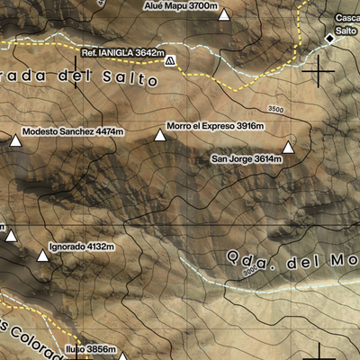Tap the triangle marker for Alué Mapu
pos(224,15)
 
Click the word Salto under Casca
pos(346,31)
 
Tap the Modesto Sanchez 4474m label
pos(72,130)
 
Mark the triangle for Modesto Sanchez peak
pos(15,139)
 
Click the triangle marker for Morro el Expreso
pos(160,136)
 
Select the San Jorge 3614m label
pos(247,158)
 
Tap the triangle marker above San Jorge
pos(288,148)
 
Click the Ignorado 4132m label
pos(81,246)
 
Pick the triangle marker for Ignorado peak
pos(41,256)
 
